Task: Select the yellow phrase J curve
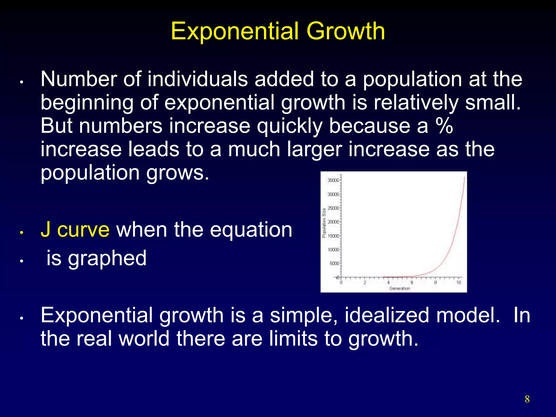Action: [x=75, y=230]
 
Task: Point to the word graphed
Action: [x=107, y=258]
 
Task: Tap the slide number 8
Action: [x=527, y=399]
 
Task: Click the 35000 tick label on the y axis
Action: [x=333, y=180]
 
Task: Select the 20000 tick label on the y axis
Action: [x=333, y=222]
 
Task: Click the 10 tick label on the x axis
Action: [x=459, y=283]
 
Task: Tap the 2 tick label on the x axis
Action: [x=365, y=283]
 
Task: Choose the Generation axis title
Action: [x=400, y=288]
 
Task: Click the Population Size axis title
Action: [x=324, y=223]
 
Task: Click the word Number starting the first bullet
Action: [x=78, y=79]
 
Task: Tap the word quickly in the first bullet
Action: [x=290, y=126]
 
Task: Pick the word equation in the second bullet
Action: [x=251, y=230]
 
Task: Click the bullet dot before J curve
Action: [x=21, y=233]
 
